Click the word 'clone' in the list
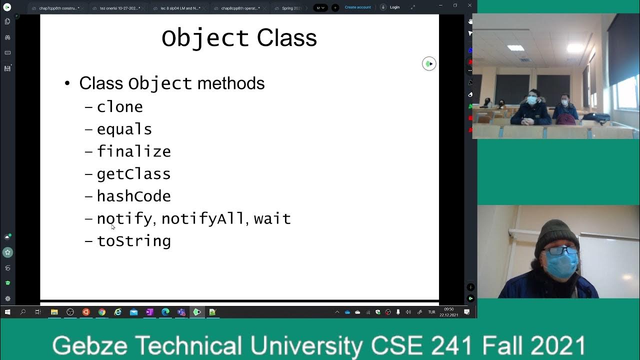click(119, 107)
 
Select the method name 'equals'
click(124, 129)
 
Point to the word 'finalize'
click(133, 151)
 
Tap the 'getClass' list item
click(133, 174)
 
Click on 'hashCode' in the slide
click(133, 196)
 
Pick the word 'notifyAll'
click(202, 218)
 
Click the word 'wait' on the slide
click(272, 218)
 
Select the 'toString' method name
click(133, 241)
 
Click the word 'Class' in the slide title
click(286, 38)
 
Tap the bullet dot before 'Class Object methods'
click(67, 83)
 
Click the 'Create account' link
click(357, 7)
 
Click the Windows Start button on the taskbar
click(7, 312)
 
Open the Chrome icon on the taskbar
click(102, 312)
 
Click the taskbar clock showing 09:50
click(448, 312)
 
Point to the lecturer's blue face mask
click(560, 263)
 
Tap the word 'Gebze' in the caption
click(90, 345)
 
